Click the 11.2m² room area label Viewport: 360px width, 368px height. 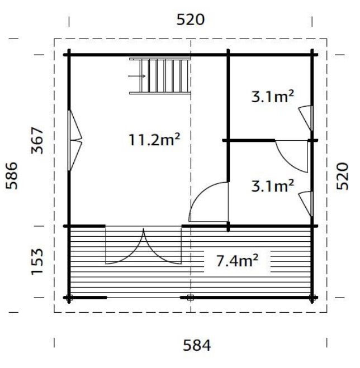click(154, 140)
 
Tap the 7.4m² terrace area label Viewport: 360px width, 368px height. click(237, 261)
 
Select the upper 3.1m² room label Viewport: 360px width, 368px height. click(273, 96)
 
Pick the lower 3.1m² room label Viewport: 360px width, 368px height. click(273, 185)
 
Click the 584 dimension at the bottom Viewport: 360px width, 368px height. click(197, 346)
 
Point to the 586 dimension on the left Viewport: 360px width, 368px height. click(12, 175)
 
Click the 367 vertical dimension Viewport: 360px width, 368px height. click(37, 140)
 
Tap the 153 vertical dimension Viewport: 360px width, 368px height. click(37, 261)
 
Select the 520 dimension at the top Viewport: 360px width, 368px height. click(190, 20)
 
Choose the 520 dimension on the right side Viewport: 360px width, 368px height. click(342, 176)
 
